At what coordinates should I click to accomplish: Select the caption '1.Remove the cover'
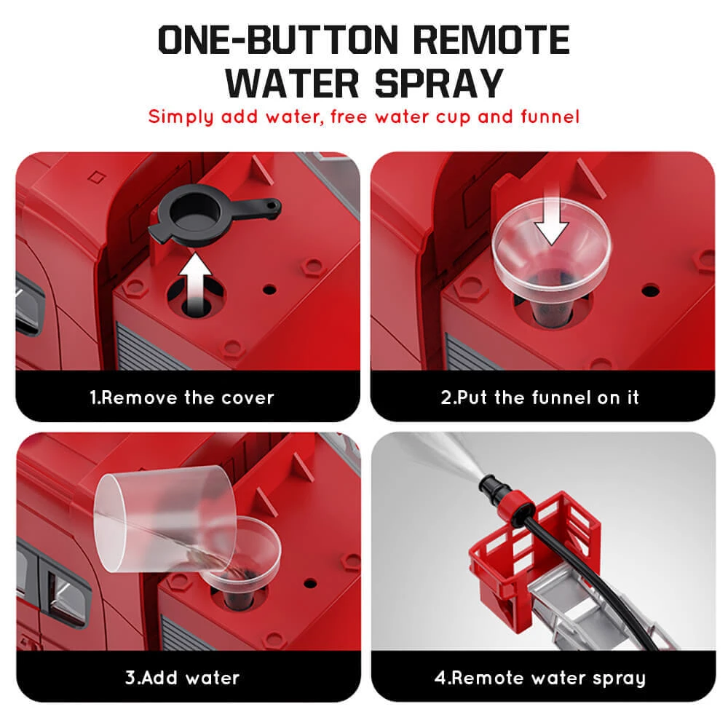point(182,397)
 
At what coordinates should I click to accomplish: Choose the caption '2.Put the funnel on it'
point(539,397)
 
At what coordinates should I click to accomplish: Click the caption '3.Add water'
point(182,678)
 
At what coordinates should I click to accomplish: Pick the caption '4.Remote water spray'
point(539,678)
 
